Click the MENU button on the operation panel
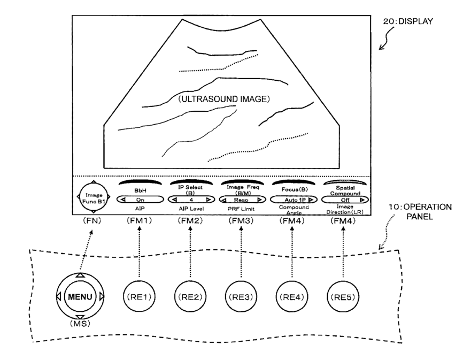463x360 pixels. tap(80, 296)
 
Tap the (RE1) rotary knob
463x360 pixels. tap(139, 296)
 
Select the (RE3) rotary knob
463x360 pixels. tap(241, 296)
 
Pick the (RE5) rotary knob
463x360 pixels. tap(343, 296)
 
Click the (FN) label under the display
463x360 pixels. tap(92, 220)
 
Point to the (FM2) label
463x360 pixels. tap(190, 220)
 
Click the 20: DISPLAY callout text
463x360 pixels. tap(408, 21)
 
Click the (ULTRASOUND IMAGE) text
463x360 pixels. tap(224, 99)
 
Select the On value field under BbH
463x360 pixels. tap(140, 200)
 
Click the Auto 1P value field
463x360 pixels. tap(294, 200)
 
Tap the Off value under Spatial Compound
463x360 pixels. tap(345, 200)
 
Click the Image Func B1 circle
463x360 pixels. tap(94, 197)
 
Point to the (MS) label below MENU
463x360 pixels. tap(80, 324)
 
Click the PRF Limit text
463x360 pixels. tap(241, 209)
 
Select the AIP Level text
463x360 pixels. tap(191, 209)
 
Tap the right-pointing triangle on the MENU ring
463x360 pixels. tap(102, 296)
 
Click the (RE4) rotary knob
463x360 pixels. tap(292, 296)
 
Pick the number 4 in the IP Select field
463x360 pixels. tap(191, 200)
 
